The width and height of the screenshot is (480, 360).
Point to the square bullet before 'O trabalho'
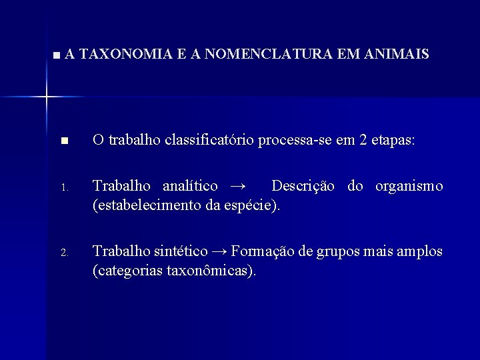point(63,141)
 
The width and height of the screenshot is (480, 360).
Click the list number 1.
point(63,187)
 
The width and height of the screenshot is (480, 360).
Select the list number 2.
point(63,253)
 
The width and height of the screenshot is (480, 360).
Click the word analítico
point(191,186)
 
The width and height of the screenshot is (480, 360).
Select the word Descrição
point(306,186)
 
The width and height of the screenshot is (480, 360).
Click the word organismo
point(409,186)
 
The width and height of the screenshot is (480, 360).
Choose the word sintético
point(177,251)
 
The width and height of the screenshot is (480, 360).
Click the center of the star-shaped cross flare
point(47,97)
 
